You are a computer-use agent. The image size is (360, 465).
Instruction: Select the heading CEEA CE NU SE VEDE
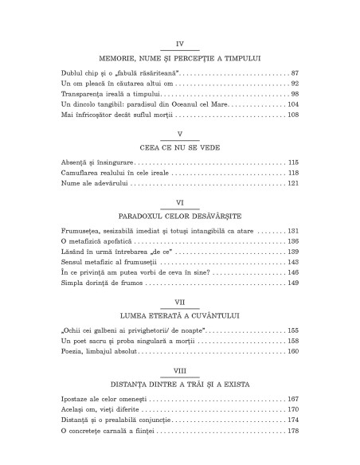[x=179, y=145]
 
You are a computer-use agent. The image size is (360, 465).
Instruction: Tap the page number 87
[x=293, y=72]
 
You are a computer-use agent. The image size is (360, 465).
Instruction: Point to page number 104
[x=291, y=104]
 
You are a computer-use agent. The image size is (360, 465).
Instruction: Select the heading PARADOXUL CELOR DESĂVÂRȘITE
[x=179, y=216]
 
